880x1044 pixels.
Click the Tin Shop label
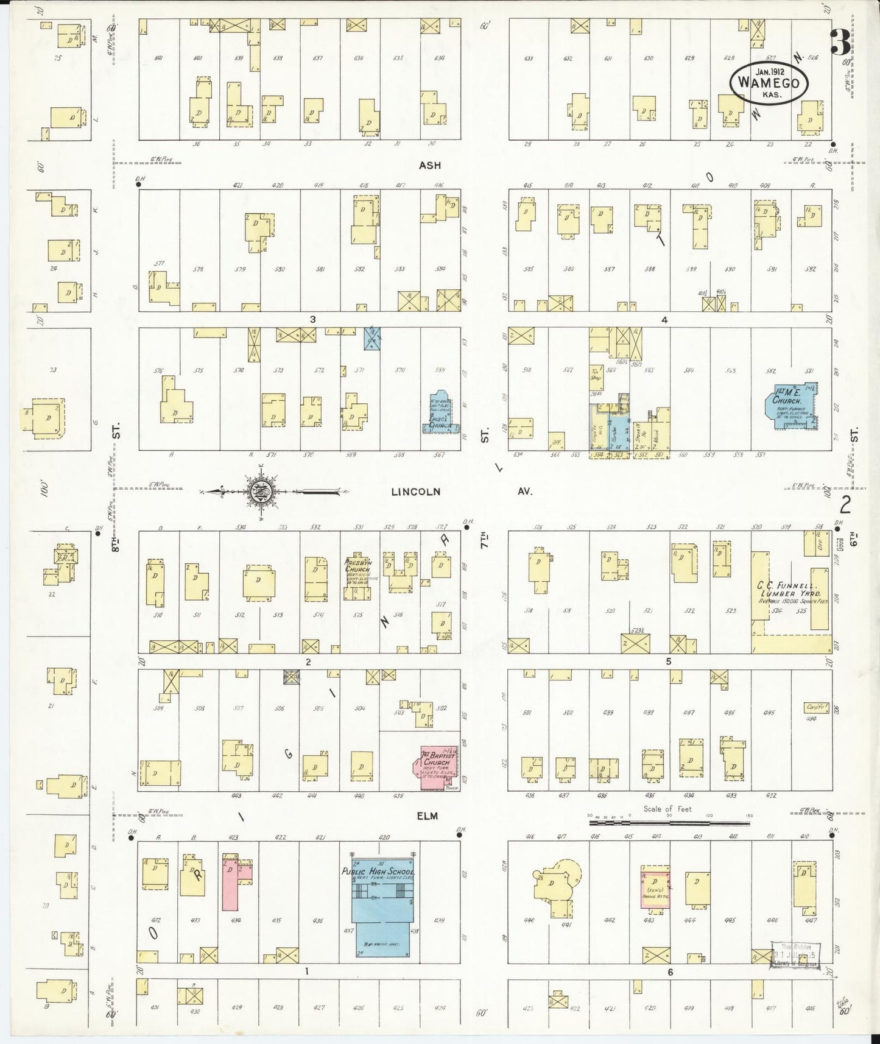[595, 374]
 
